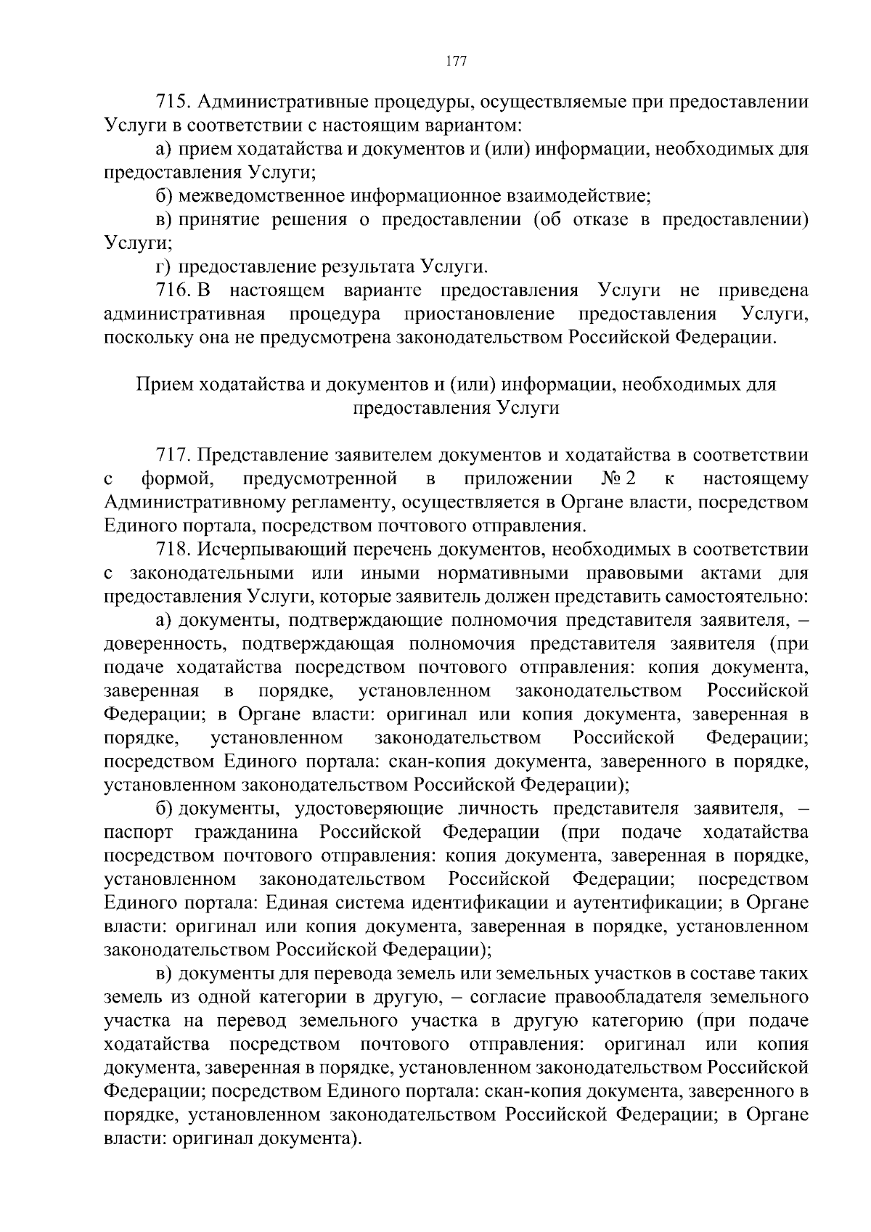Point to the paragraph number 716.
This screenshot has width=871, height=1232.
[x=173, y=290]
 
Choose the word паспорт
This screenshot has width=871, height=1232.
[x=139, y=831]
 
